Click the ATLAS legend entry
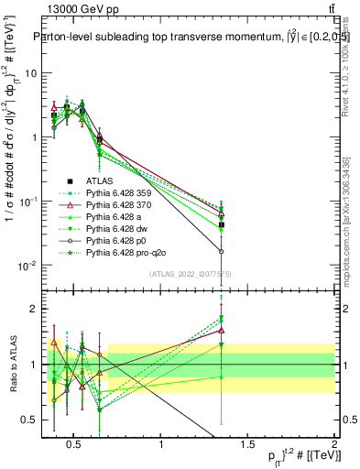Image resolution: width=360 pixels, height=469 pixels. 99,180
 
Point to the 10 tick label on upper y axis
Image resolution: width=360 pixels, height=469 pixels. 29,72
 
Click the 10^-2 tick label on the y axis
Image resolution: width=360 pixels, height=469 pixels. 27,266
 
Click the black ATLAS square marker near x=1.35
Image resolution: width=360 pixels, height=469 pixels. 222,224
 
